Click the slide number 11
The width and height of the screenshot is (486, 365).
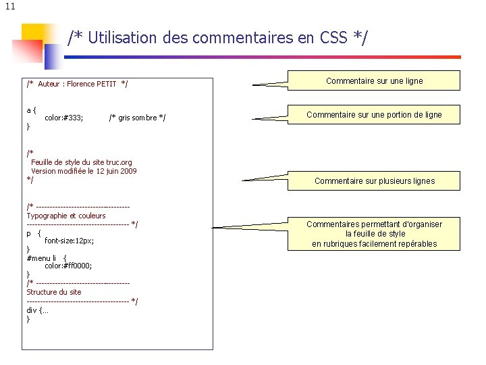[8, 7]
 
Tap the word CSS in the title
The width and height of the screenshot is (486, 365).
[327, 38]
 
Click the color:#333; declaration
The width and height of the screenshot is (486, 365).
[64, 118]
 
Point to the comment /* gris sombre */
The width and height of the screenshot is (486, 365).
[137, 118]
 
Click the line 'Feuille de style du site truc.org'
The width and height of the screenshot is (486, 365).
[82, 162]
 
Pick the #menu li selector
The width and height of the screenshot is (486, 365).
[42, 258]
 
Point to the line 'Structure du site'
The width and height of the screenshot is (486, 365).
[54, 292]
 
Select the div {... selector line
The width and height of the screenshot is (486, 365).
[37, 310]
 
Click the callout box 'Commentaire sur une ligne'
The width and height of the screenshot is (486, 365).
[375, 81]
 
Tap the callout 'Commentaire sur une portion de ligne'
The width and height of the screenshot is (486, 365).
[375, 115]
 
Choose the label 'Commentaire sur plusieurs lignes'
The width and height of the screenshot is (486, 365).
[375, 181]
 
